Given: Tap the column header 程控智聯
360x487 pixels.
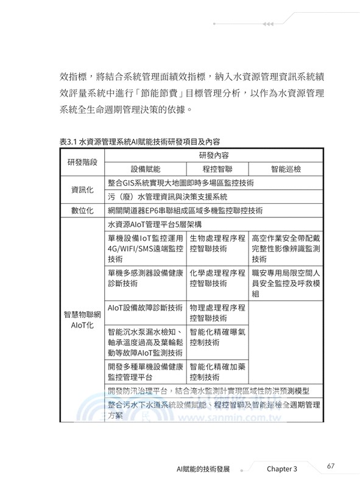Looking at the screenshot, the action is click(216, 169).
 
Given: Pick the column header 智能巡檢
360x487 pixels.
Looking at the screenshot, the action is click(286, 169).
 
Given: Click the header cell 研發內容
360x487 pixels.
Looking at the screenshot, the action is click(214, 155).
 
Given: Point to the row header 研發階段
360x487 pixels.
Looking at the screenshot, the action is click(83, 163).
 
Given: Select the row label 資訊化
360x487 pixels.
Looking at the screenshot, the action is click(83, 189).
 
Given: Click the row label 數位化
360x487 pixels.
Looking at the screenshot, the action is click(83, 211).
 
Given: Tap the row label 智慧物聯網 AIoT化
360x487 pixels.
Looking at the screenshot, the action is click(82, 320).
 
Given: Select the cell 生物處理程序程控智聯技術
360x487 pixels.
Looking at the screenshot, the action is click(217, 243).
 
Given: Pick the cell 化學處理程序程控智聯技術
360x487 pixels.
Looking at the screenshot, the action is click(217, 278).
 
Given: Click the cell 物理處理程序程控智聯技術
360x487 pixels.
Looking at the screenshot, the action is click(217, 312).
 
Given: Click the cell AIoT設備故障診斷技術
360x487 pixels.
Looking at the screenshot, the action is click(145, 307).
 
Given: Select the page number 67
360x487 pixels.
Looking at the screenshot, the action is click(331, 466).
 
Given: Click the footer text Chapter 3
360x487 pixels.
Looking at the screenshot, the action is click(281, 469).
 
